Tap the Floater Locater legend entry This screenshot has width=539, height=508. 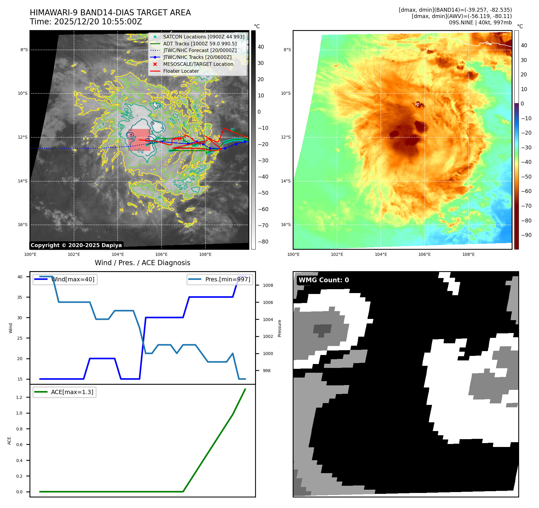(181, 71)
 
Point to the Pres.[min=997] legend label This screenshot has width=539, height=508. (227, 279)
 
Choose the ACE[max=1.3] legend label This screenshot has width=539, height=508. (72, 392)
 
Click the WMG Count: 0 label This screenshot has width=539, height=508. (324, 280)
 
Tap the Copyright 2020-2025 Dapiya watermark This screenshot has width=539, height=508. (76, 245)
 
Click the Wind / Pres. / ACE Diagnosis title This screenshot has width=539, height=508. (142, 263)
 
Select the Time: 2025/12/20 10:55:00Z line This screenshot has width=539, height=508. (86, 22)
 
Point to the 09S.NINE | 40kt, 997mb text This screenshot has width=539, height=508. (480, 23)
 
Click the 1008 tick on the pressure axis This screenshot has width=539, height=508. (268, 285)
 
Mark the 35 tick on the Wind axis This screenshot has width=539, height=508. (20, 297)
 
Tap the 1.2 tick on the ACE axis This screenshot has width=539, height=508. (19, 397)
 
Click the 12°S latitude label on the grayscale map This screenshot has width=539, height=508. (23, 137)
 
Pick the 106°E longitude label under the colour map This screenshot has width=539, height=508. (424, 254)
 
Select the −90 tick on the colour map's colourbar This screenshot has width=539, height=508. (526, 235)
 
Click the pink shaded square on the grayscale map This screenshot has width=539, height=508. (139, 140)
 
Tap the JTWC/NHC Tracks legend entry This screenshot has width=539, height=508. (197, 57)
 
